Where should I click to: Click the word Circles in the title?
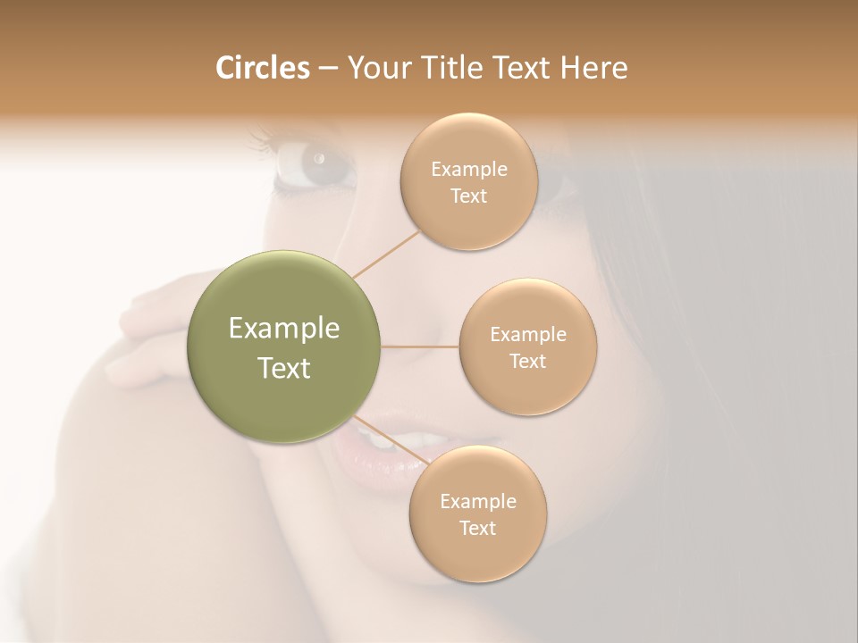262,68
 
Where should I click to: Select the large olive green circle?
284,347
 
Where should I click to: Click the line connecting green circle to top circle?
386,253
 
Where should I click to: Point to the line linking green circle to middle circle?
420,347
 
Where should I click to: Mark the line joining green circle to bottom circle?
390,439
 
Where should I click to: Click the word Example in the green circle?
284,329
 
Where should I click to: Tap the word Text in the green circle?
284,368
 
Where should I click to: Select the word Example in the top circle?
469,170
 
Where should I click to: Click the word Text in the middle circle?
527,362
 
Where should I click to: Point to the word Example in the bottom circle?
478,502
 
